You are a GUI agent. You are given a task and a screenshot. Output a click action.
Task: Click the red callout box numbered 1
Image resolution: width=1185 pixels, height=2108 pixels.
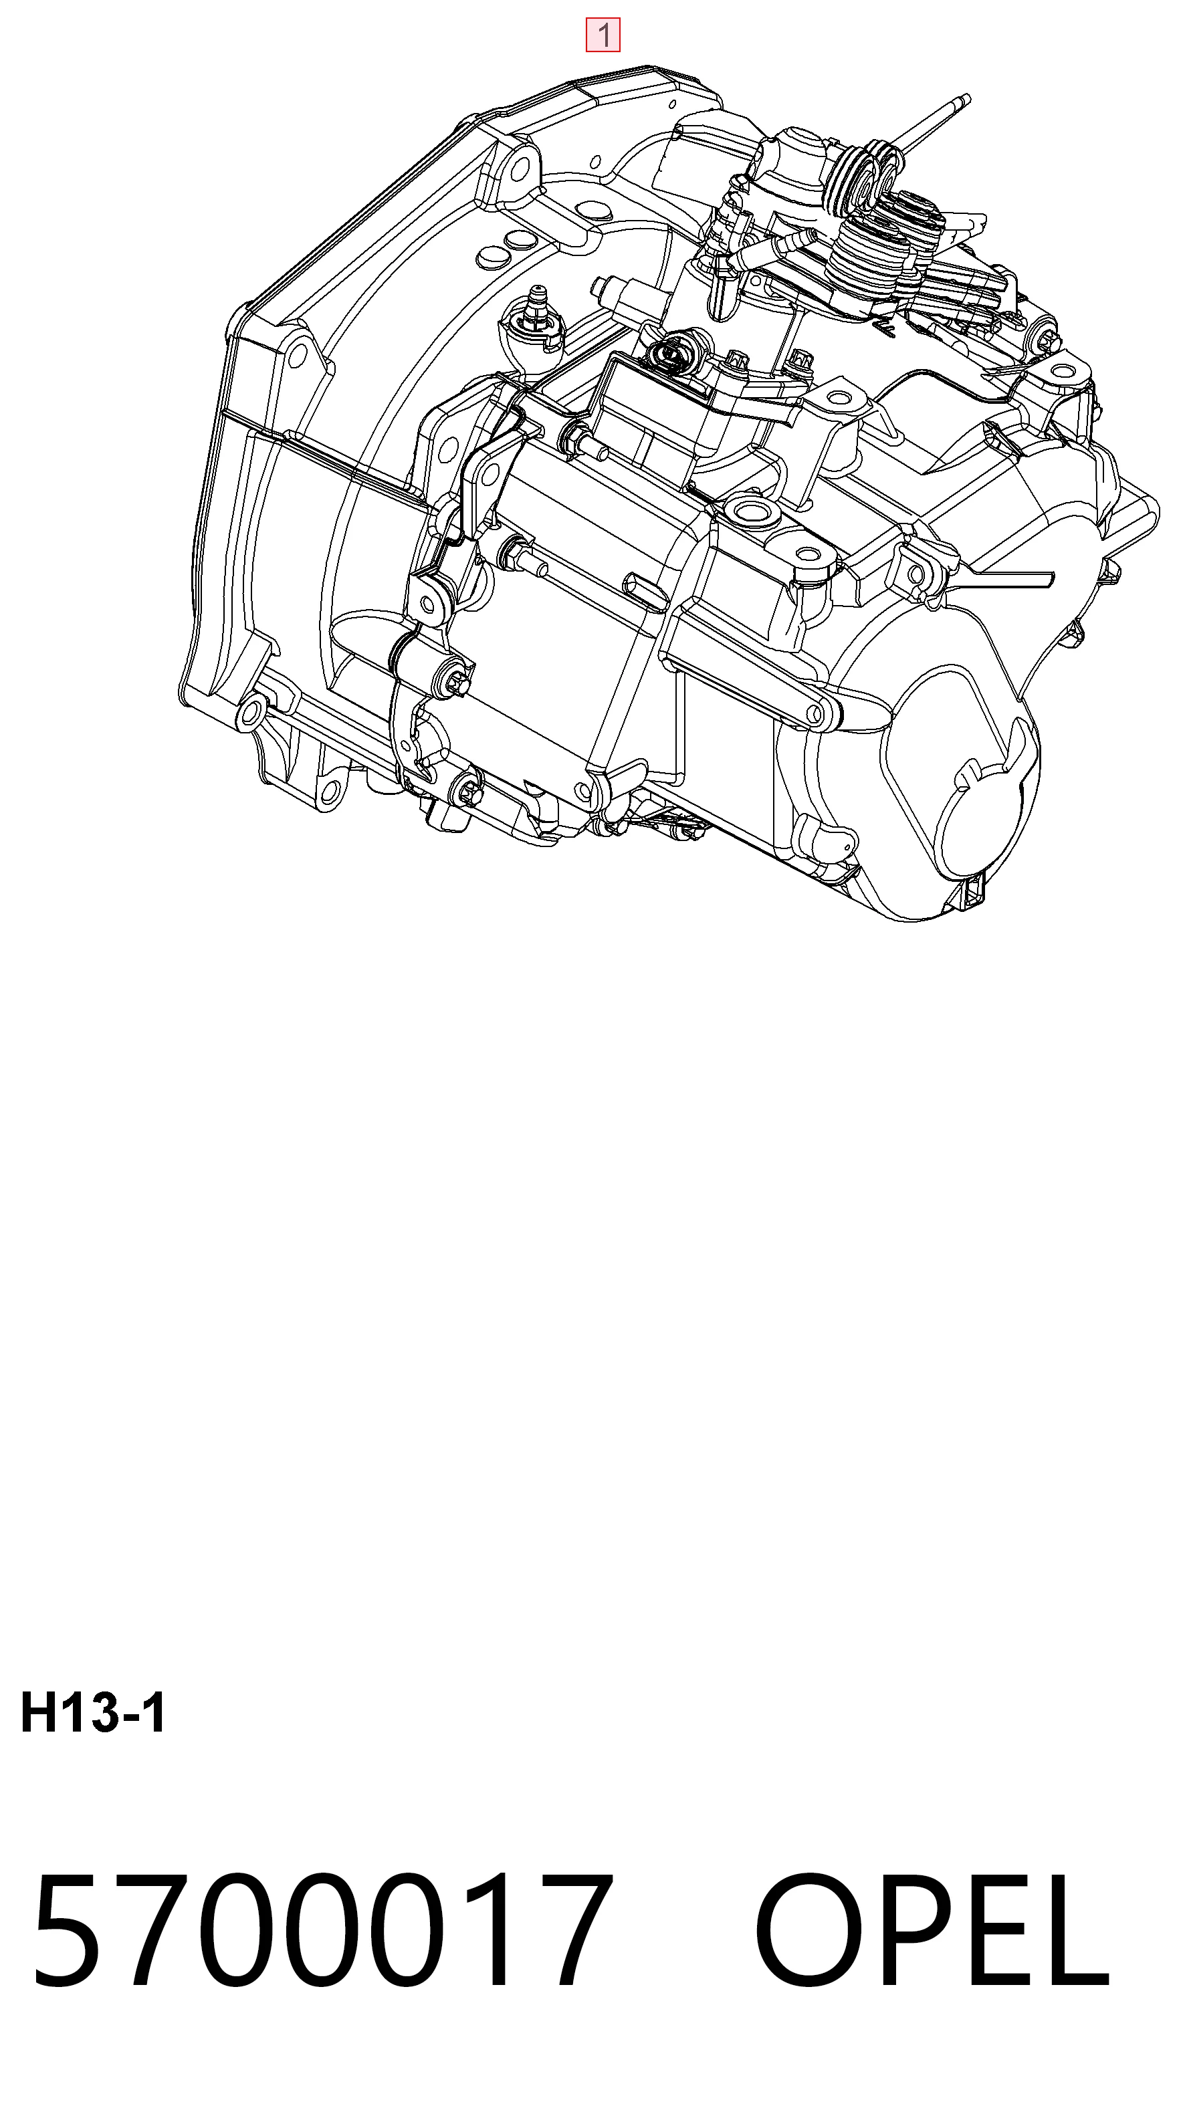[x=603, y=35]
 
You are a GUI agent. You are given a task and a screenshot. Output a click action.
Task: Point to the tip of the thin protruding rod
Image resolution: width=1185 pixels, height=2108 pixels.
[x=966, y=99]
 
